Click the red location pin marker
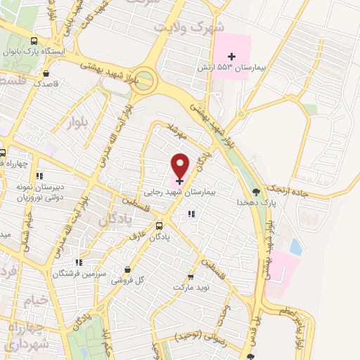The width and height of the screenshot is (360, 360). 181,165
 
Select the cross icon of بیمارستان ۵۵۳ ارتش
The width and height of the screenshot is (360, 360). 232,56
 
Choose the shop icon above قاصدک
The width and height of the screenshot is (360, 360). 46,72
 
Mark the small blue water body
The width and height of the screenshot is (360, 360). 296,247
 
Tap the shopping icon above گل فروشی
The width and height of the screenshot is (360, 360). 127,269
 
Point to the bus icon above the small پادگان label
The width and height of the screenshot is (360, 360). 160,226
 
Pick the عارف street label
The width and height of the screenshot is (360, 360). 136,236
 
